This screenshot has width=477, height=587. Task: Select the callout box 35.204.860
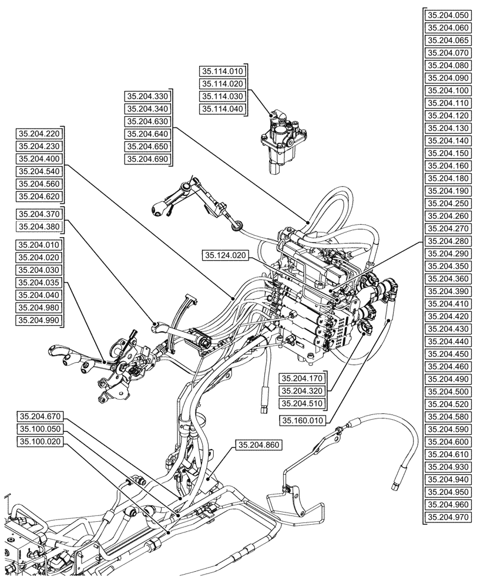tap(258, 446)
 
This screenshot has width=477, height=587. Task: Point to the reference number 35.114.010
tap(223, 71)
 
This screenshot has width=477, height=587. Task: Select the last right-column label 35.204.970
tap(449, 517)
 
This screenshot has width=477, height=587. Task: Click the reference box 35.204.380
tap(39, 226)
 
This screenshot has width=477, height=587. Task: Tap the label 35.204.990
tap(39, 320)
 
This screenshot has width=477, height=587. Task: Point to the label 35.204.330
tap(147, 96)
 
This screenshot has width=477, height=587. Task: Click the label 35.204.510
tap(303, 403)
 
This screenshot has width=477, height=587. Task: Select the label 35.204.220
tap(39, 133)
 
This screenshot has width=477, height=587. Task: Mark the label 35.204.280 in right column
tap(449, 241)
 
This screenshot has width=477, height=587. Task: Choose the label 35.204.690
tap(147, 160)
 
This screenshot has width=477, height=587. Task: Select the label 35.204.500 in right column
tap(449, 392)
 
